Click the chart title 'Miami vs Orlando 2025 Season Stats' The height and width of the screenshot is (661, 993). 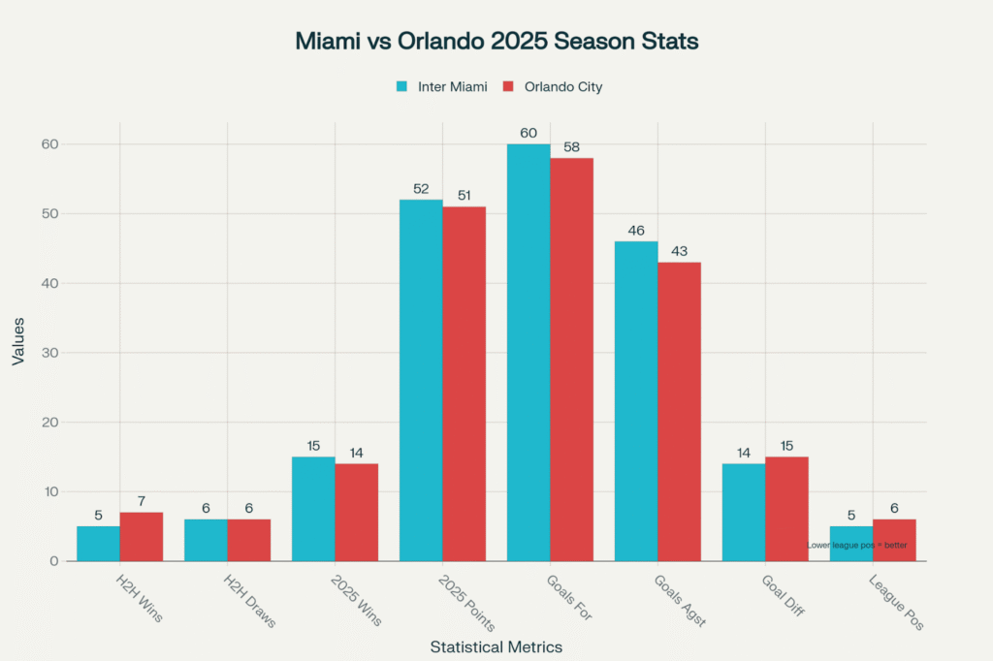click(x=496, y=43)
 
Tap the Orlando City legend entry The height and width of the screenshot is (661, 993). click(x=553, y=87)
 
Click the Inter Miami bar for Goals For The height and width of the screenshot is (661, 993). click(x=529, y=353)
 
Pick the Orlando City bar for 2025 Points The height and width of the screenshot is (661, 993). click(x=464, y=384)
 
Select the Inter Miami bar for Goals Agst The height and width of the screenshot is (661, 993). click(x=636, y=401)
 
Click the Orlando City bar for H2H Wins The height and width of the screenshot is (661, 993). click(x=142, y=537)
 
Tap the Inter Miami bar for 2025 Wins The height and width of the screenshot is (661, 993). click(x=313, y=509)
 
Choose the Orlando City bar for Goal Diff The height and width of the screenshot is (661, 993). click(x=786, y=509)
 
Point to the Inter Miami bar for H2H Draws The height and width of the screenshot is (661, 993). click(x=206, y=540)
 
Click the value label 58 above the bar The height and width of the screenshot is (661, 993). click(x=572, y=148)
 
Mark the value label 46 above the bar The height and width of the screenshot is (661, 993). click(x=636, y=232)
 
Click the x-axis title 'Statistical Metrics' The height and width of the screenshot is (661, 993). click(x=496, y=645)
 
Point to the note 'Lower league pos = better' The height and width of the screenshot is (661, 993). click(x=857, y=546)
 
